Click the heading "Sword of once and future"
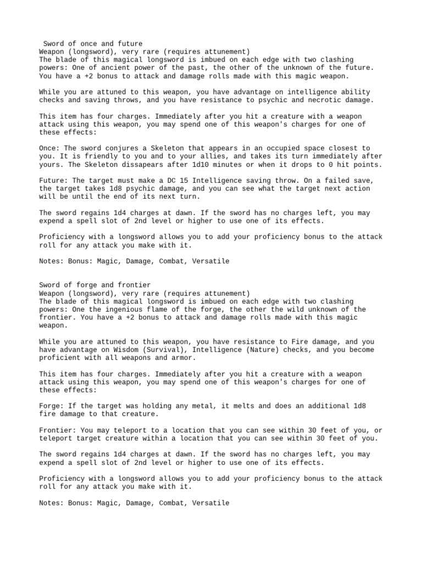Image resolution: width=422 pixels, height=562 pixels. [x=93, y=43]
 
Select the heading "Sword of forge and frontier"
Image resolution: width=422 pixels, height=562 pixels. [x=95, y=285]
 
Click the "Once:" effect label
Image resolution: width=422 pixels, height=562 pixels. [x=50, y=148]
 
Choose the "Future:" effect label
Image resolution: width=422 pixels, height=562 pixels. [x=54, y=181]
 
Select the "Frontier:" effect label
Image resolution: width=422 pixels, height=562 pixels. [x=58, y=430]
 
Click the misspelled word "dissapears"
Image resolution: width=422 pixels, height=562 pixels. [x=147, y=165]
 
